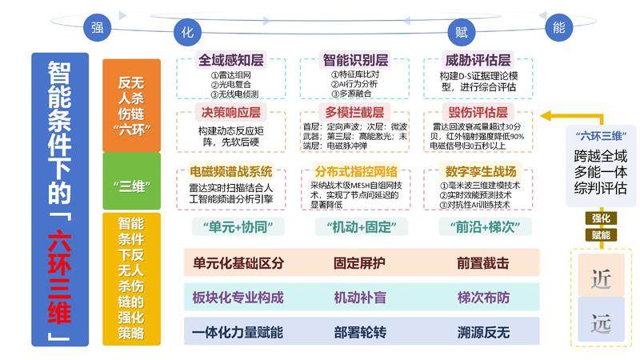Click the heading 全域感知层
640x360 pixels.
point(230,60)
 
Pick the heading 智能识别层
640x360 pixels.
point(355,60)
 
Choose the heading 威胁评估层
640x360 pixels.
point(478,60)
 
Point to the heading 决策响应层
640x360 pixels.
point(230,113)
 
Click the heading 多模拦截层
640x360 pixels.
point(355,113)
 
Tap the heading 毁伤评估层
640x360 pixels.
point(478,113)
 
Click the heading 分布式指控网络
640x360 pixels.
point(355,171)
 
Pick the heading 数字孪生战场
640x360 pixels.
point(478,171)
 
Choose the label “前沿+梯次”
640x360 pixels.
point(478,226)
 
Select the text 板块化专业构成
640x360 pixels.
point(238,298)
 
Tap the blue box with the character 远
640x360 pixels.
point(600,323)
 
